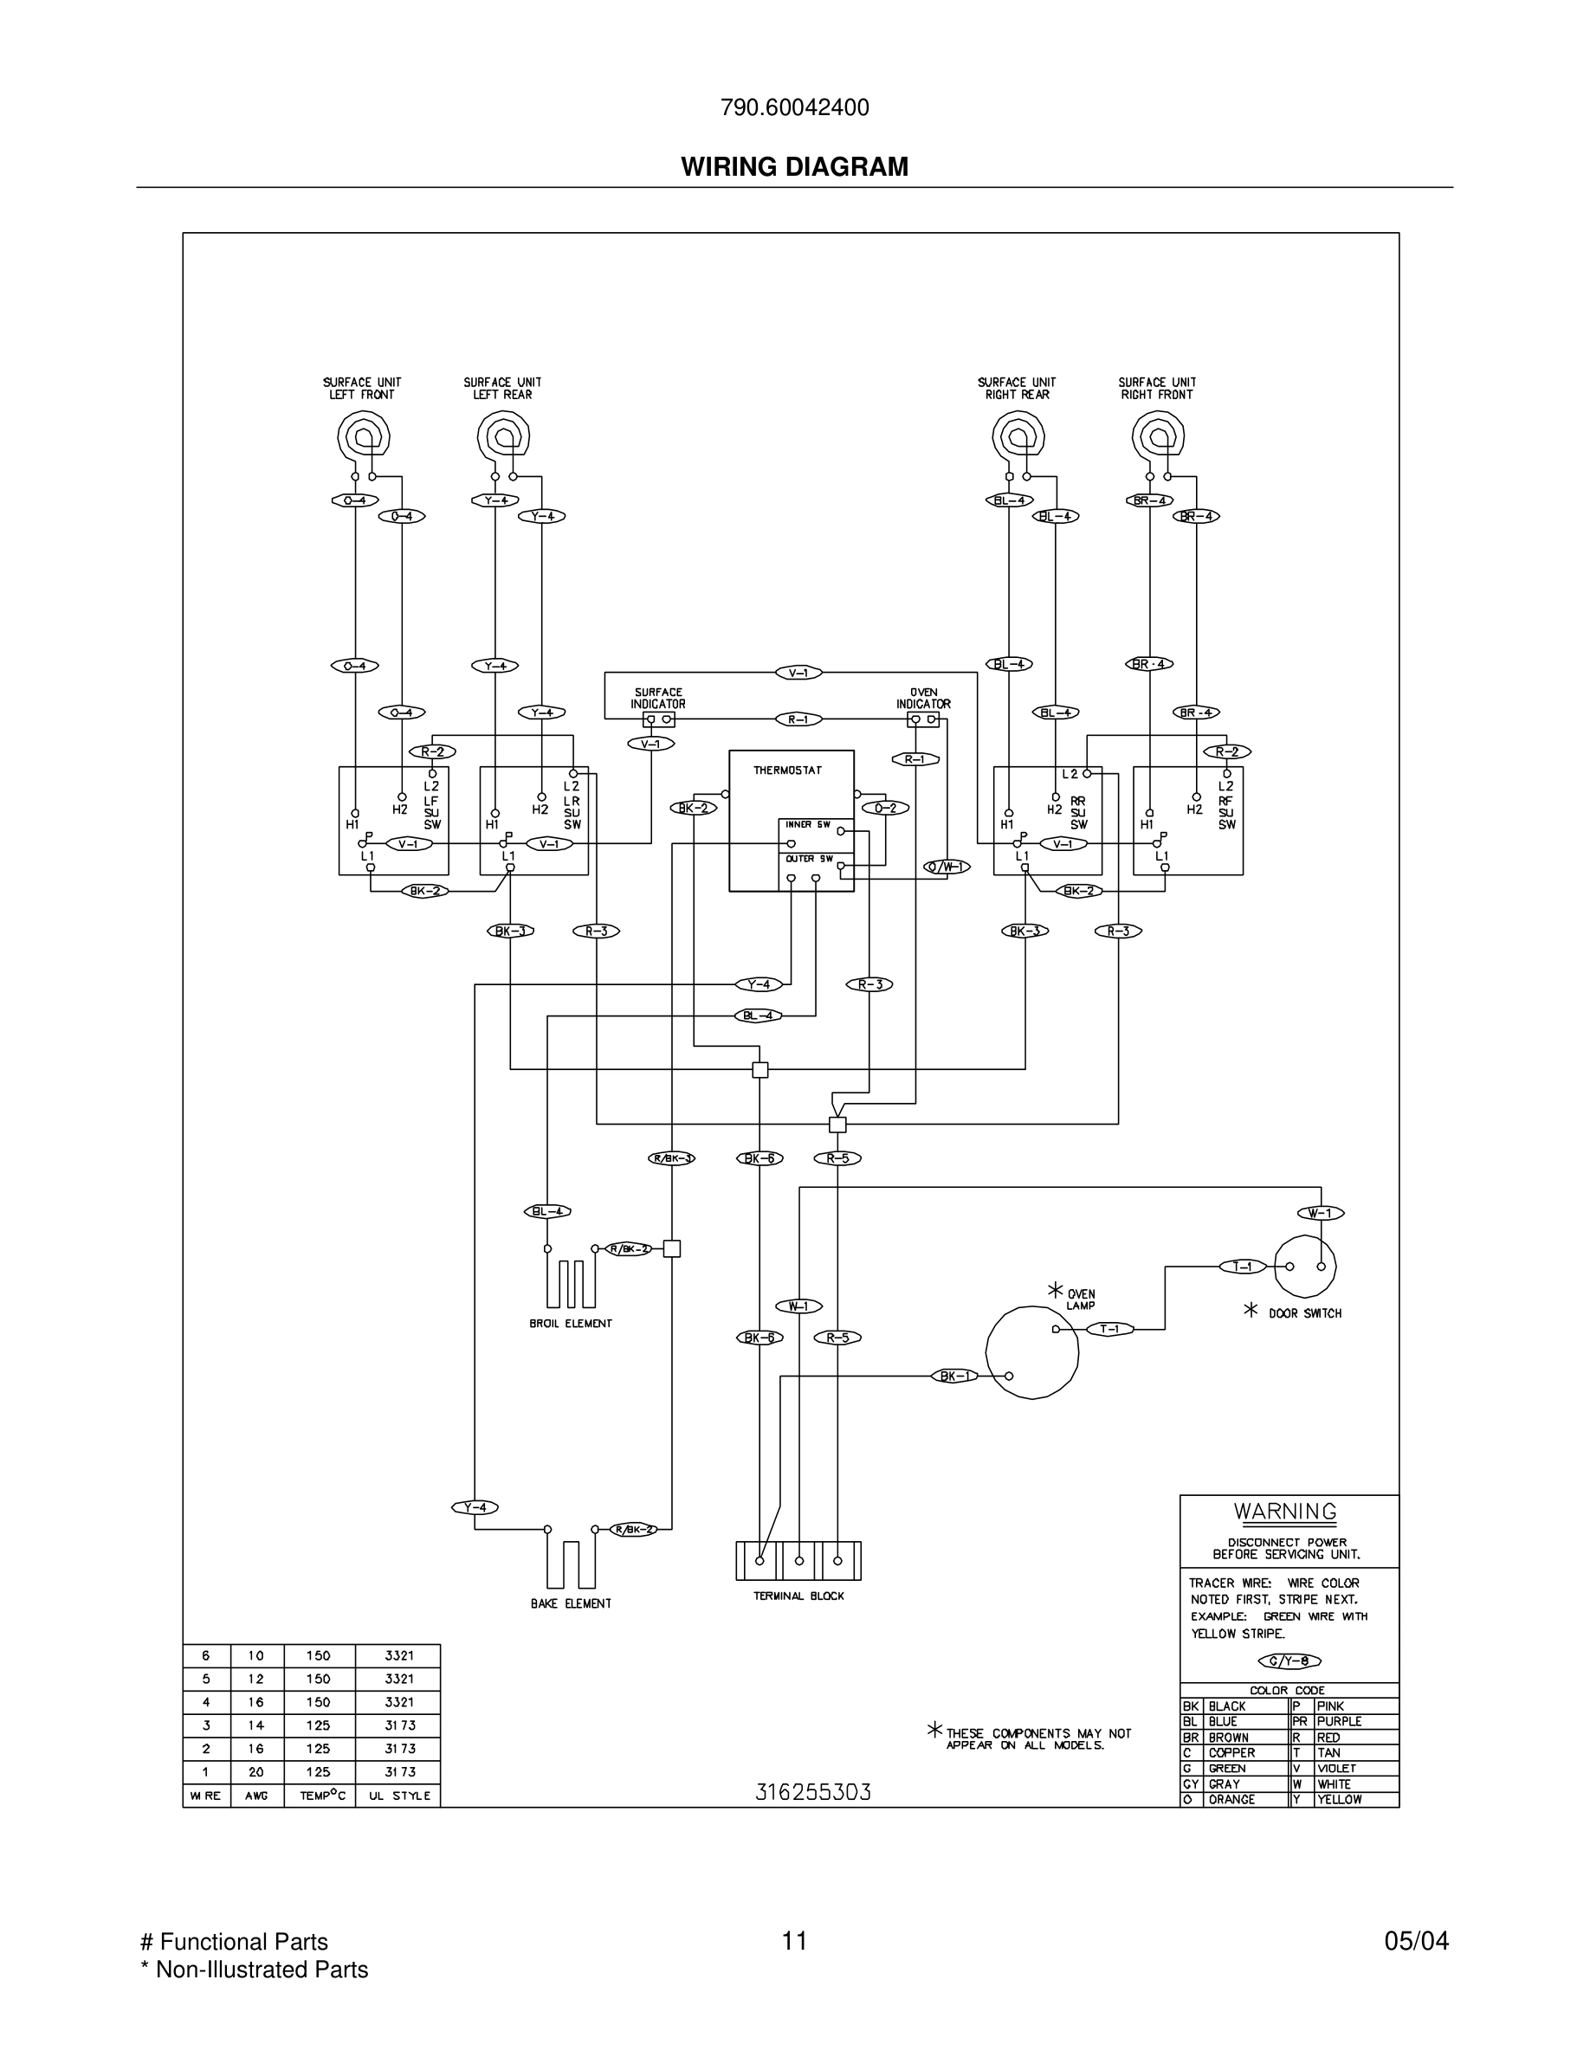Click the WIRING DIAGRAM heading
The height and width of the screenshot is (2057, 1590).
click(794, 167)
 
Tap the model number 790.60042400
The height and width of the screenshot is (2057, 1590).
click(794, 108)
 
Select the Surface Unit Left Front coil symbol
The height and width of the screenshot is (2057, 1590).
click(363, 436)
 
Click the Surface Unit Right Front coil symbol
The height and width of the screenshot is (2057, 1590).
click(1158, 436)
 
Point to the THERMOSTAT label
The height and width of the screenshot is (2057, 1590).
click(787, 771)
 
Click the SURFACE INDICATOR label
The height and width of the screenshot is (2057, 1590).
click(657, 698)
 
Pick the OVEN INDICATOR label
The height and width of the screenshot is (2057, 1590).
click(923, 698)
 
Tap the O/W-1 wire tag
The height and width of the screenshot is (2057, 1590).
click(946, 867)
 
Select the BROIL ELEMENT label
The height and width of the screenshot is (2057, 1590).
click(571, 1324)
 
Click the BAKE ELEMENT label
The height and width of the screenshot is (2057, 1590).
click(571, 1604)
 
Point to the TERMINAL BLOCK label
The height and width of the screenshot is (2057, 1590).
click(798, 1596)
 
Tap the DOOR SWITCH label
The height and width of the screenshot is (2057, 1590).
click(1304, 1313)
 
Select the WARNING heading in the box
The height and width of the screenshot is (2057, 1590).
click(1285, 1512)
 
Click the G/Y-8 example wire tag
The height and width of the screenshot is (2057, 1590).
click(1289, 1661)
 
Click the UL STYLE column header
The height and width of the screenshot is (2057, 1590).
click(398, 1796)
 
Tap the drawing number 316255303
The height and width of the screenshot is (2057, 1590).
click(813, 1792)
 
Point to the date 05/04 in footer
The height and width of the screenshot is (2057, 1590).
click(1416, 1941)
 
